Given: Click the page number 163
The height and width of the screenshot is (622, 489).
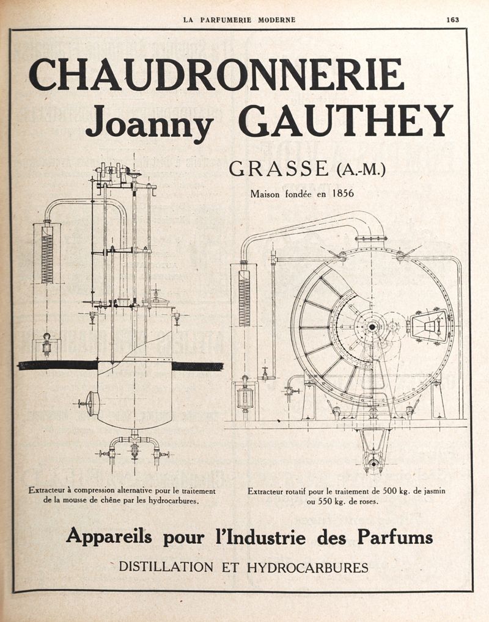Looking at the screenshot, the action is click(452, 20).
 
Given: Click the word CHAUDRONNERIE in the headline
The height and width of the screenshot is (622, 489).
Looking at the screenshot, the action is click(216, 74).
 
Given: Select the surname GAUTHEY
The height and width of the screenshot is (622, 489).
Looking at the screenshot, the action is click(345, 120).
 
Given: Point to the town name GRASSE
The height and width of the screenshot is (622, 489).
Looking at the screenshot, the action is click(279, 168).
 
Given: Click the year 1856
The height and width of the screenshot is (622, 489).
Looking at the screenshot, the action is click(343, 193).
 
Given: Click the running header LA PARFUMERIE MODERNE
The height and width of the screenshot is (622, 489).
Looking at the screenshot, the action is click(240, 20).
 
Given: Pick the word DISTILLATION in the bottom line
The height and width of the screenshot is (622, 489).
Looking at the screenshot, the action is click(166, 567).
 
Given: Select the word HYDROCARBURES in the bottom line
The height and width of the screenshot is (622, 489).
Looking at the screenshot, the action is click(307, 568).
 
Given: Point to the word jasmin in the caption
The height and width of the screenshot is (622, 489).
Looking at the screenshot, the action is click(434, 491).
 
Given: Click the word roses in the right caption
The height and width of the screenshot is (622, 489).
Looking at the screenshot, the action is click(369, 501).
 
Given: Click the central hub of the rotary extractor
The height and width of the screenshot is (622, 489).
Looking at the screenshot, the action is click(372, 327).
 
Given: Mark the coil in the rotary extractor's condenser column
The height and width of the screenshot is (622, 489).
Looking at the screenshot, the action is click(244, 298).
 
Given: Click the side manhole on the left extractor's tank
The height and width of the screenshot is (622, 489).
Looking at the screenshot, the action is click(92, 403).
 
